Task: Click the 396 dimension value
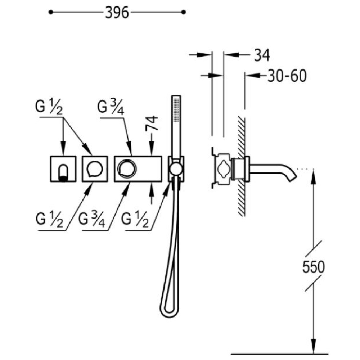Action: (117, 13)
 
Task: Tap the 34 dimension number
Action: (262, 55)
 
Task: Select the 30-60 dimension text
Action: (287, 76)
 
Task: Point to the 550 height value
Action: (314, 266)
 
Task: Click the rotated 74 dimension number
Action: (152, 123)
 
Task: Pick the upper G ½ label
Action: (49, 107)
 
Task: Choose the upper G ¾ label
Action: (111, 107)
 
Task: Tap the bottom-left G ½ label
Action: (49, 220)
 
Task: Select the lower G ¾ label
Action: (92, 220)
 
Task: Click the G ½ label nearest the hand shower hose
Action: (135, 220)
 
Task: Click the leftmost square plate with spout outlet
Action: (63, 169)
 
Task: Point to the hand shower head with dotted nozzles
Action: (176, 109)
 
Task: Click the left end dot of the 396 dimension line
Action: (51, 12)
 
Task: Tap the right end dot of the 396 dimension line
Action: (184, 12)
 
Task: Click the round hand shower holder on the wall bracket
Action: (176, 169)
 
